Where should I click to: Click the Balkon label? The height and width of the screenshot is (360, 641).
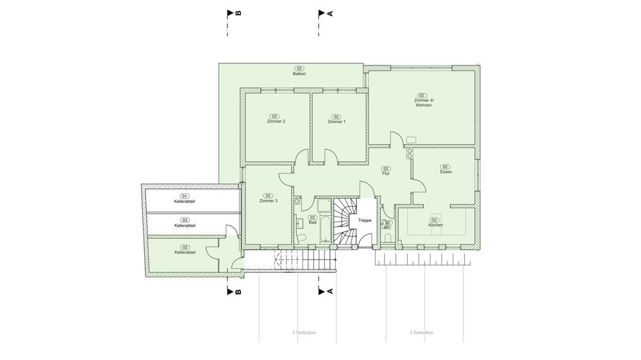[299, 74]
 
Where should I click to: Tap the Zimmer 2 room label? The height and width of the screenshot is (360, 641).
[276, 121]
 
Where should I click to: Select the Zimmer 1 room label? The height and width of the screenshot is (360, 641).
[337, 122]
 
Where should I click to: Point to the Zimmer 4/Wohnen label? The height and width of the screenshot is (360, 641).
[423, 102]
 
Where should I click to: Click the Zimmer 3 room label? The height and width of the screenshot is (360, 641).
[268, 201]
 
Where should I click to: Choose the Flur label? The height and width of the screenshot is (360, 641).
[385, 174]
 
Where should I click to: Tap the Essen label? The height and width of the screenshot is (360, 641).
[445, 172]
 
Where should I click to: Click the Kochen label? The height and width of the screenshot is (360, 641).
[435, 225]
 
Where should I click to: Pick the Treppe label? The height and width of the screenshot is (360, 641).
[365, 220]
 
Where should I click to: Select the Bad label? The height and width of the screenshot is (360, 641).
[312, 223]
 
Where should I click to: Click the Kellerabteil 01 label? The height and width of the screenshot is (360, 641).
[185, 201]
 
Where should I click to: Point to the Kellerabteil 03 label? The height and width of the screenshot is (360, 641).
[185, 225]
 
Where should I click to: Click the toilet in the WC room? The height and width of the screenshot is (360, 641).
[388, 238]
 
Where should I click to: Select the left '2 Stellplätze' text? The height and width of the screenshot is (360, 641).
[304, 332]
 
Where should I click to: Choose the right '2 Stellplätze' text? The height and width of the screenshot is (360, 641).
[422, 332]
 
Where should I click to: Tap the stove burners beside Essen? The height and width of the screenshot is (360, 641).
[409, 153]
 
